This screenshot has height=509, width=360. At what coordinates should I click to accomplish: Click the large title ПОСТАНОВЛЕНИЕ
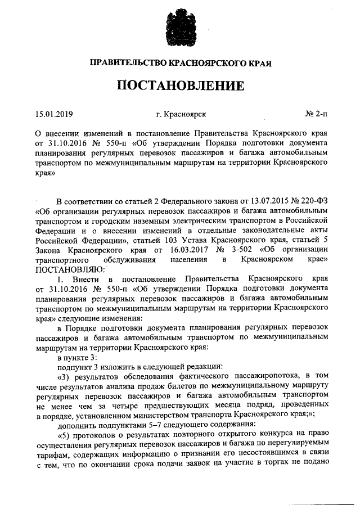pyautogui.click(x=180, y=86)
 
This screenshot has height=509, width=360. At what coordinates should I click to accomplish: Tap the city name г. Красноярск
pyautogui.click(x=181, y=115)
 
